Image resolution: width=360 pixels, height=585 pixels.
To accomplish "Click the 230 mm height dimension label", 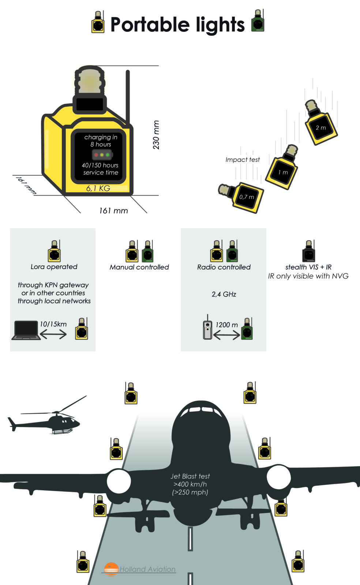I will (156, 135).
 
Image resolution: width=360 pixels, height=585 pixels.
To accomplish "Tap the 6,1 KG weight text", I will (98, 188).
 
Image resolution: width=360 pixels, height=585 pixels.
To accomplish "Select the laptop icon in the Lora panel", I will (26, 330).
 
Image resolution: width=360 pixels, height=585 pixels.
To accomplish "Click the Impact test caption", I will (242, 160).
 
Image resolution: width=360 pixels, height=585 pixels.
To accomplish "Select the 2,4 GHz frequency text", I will (224, 294).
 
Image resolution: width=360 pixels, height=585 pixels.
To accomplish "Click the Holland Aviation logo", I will (139, 569).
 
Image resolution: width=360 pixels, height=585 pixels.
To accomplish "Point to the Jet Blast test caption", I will (190, 484).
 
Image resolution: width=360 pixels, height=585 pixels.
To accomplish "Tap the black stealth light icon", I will (309, 252).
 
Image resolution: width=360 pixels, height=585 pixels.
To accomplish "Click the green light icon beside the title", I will (258, 22).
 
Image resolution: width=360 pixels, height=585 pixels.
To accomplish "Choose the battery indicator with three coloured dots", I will (102, 155).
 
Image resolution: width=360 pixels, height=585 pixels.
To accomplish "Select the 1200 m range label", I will (226, 325).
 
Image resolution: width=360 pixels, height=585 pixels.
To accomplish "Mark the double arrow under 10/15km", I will (53, 334).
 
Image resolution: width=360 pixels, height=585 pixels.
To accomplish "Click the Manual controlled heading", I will (139, 267).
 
